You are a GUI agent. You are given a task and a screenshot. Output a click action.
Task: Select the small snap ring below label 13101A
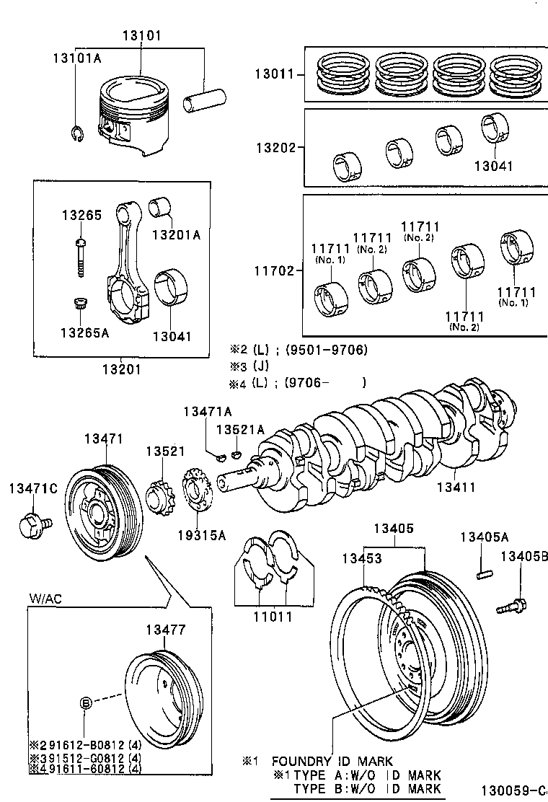pyautogui.click(x=79, y=135)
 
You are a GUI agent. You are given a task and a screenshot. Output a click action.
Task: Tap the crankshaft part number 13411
pyautogui.click(x=455, y=487)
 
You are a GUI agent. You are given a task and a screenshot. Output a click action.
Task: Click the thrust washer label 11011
pyautogui.click(x=273, y=617)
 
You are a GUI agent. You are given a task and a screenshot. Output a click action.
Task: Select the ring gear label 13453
pyautogui.click(x=361, y=558)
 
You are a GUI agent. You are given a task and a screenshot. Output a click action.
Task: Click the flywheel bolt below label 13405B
pyautogui.click(x=513, y=604)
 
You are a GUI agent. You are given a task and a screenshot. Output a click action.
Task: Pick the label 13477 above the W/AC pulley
pyautogui.click(x=166, y=630)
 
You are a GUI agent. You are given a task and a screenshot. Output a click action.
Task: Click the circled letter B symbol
pyautogui.click(x=86, y=702)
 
